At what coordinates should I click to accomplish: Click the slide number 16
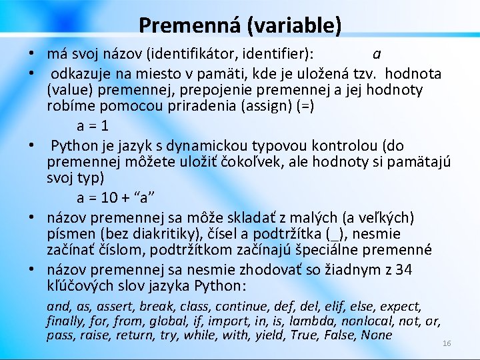(x=447, y=343)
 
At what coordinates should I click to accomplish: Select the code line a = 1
(x=93, y=126)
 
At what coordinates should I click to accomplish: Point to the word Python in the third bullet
(x=74, y=145)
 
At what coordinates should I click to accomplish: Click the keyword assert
(x=117, y=307)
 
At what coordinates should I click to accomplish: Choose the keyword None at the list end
(x=376, y=335)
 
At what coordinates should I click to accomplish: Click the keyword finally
(x=65, y=321)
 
